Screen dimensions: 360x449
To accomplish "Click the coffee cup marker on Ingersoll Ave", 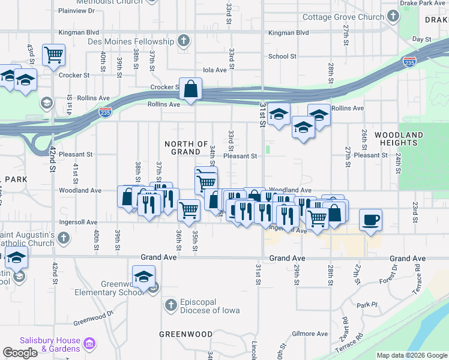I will tap(370, 220).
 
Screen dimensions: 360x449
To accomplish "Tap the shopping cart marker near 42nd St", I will tap(54, 55).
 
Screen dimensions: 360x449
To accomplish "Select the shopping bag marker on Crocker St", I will tap(190, 89).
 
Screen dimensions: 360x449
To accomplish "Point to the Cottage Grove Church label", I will tap(343, 17).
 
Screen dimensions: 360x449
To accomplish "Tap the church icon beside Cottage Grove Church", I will tap(393, 16).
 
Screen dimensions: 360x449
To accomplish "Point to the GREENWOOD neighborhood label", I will tap(185, 334).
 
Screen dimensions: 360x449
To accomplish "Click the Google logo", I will tap(20, 353).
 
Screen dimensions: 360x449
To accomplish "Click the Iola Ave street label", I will tap(215, 70).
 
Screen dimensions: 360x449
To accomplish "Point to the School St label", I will tap(282, 56).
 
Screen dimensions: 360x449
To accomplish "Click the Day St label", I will tap(422, 39).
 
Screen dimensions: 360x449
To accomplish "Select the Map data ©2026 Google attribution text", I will tap(412, 355).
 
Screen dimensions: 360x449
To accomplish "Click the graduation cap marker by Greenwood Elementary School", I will tap(143, 277).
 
